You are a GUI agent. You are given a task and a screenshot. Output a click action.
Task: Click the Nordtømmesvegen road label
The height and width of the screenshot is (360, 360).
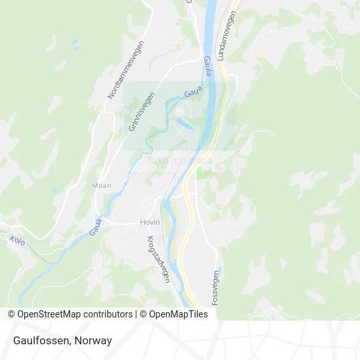tap(126, 69)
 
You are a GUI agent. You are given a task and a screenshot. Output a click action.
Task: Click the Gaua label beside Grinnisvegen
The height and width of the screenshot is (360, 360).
tap(192, 94)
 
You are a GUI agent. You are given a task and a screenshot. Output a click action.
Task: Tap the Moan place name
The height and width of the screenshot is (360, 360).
tap(102, 186)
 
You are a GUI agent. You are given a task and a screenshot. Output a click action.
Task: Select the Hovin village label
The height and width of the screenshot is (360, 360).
tap(151, 223)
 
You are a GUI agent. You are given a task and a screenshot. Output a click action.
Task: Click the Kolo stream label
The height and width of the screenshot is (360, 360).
tap(18, 240)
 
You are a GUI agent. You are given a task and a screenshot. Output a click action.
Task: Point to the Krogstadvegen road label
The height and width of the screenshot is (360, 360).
tap(158, 259)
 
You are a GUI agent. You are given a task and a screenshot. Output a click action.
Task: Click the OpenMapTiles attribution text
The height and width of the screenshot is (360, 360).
tap(179, 314)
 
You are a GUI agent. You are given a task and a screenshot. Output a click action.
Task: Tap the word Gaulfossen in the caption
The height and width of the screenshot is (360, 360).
tap(41, 340)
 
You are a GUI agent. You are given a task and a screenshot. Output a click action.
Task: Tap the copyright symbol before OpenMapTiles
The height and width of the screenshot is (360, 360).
tap(145, 314)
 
